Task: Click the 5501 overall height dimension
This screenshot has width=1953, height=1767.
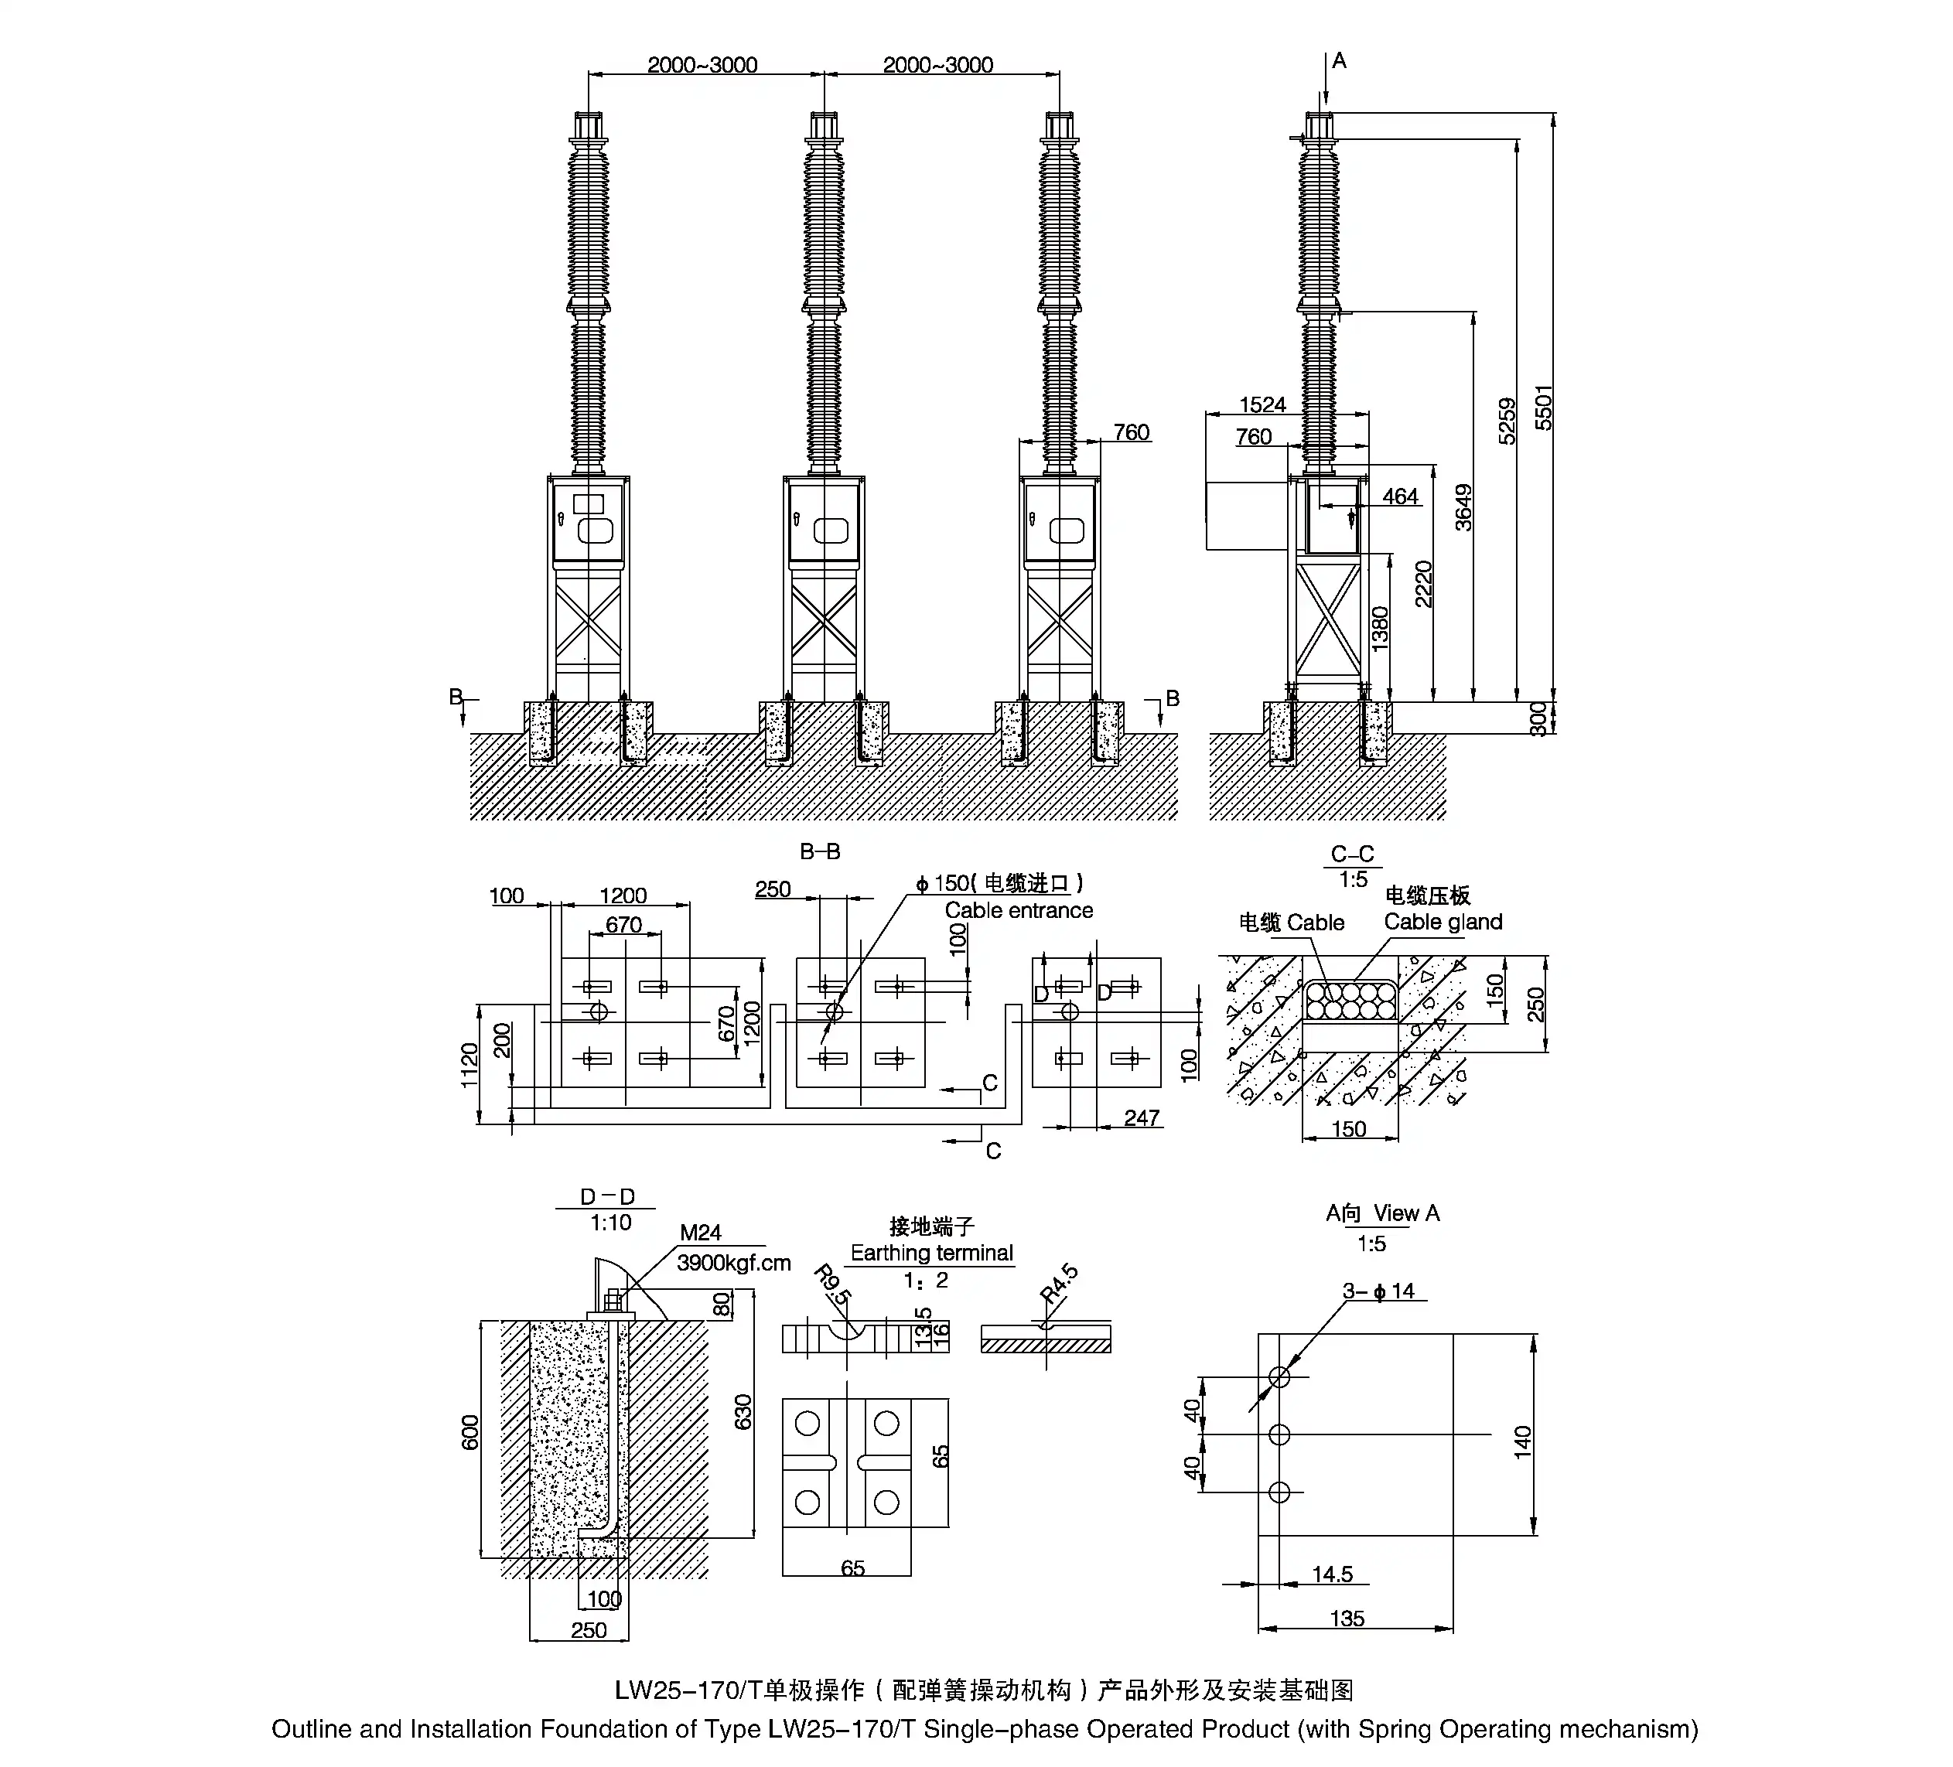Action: point(1543,407)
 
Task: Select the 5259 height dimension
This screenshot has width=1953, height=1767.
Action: point(1507,421)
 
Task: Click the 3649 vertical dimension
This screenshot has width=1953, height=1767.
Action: point(1463,507)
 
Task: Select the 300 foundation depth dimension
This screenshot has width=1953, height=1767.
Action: point(1538,719)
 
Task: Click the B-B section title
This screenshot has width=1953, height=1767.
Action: point(820,851)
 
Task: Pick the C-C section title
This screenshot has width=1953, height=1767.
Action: point(1352,854)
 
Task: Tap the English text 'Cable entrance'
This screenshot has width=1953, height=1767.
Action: point(1018,911)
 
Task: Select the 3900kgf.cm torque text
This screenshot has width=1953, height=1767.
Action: point(733,1262)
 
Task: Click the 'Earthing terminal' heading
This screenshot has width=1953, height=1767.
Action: point(931,1253)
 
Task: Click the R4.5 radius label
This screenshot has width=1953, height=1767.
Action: point(1059,1283)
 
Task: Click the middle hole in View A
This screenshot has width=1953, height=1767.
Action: point(1279,1434)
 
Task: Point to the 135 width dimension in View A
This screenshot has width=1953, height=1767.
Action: point(1347,1618)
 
